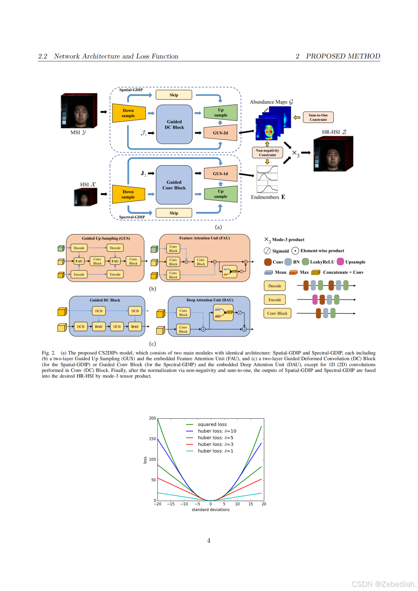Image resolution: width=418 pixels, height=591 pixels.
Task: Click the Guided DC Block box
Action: tap(174, 124)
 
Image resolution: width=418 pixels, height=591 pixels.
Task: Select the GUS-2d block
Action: tap(220, 133)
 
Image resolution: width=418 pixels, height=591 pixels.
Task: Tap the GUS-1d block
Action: tap(220, 174)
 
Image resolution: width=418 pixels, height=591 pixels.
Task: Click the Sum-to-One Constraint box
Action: tap(318, 118)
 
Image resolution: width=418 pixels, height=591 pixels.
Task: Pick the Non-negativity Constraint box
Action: tap(267, 153)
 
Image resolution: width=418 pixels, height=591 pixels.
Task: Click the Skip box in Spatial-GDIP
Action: tap(174, 95)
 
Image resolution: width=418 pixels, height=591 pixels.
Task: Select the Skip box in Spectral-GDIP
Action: tap(174, 213)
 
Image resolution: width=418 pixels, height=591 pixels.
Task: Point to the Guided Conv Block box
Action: tap(174, 185)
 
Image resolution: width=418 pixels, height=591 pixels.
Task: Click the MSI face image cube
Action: tap(79, 111)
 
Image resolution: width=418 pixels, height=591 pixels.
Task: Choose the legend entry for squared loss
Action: tap(212, 425)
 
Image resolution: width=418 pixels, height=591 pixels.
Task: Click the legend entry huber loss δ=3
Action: tap(215, 444)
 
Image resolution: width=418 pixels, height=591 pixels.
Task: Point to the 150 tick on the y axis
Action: tap(152, 439)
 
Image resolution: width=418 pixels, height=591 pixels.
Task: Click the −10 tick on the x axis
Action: tap(184, 504)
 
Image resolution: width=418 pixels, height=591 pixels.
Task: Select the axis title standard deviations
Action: tap(210, 510)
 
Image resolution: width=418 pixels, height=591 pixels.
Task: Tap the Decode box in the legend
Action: tap(275, 286)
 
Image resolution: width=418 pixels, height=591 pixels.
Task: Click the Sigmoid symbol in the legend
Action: tap(267, 251)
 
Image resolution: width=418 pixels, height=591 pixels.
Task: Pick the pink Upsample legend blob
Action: tap(340, 262)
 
